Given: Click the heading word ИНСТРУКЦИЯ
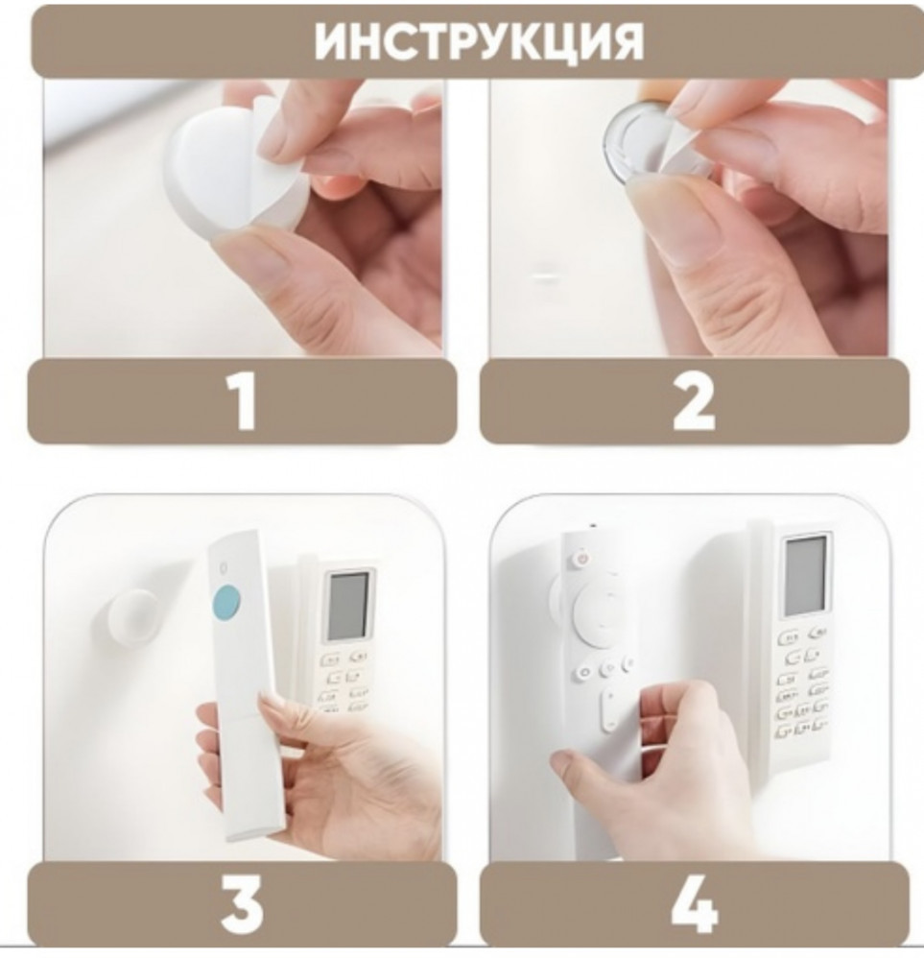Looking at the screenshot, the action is coord(479,42).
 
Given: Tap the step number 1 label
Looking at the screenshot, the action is coord(245,402).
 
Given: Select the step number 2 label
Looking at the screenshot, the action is coord(694,402).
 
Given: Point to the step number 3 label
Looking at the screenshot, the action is coord(243,903).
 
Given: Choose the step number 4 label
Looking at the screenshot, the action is coord(695,903).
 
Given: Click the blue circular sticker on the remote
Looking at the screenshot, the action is coord(227,601).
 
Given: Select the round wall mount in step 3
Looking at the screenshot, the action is coord(129,620).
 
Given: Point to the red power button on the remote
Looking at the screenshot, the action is coord(582,559).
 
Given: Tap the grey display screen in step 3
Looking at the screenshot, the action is coord(347,605).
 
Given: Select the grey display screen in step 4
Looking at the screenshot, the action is coord(805,576).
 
